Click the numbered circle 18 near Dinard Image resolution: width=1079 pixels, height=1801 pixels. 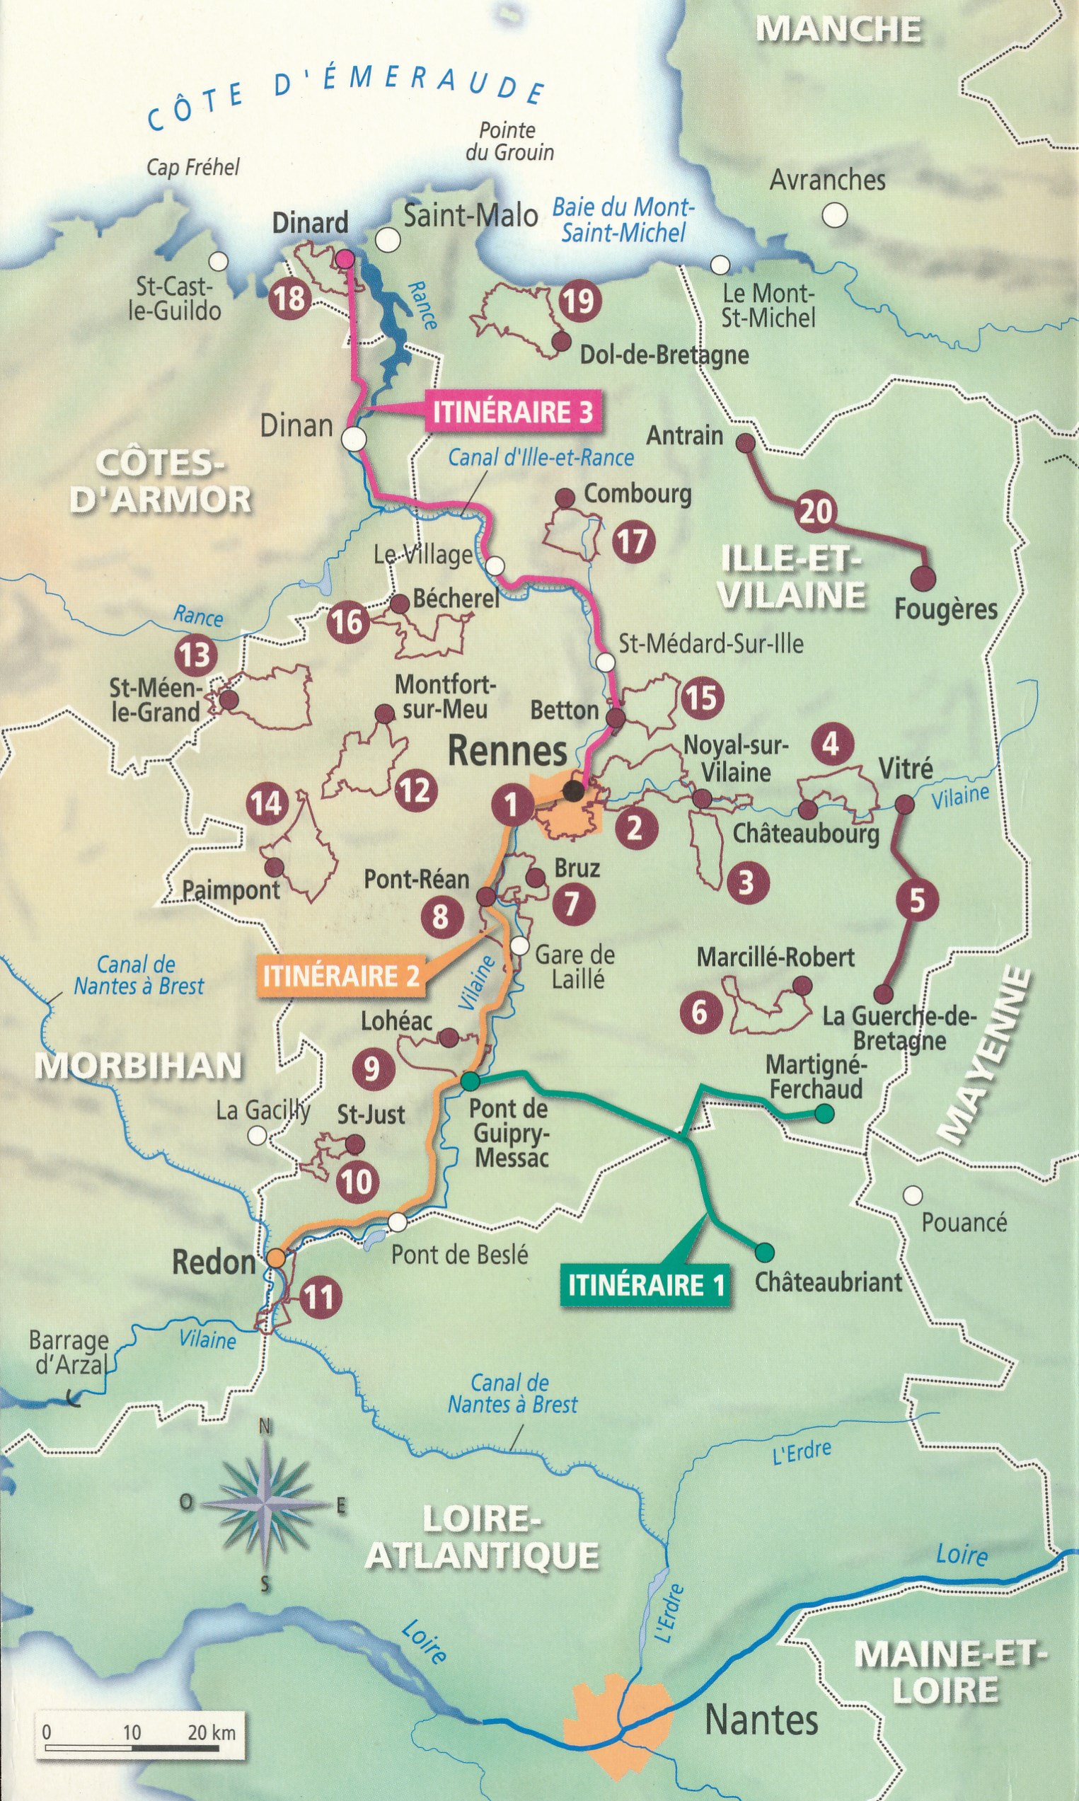tap(289, 298)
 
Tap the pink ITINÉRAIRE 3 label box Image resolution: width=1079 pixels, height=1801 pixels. tap(512, 412)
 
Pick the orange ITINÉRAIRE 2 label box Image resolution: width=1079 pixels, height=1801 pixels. tap(341, 975)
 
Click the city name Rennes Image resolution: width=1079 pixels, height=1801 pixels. tap(507, 751)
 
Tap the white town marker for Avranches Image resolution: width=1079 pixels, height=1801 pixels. tap(835, 215)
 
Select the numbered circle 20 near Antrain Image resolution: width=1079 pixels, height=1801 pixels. tap(816, 511)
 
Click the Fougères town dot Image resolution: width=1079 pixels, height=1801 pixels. tap(923, 578)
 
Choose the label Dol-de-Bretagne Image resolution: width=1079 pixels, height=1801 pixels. tap(664, 355)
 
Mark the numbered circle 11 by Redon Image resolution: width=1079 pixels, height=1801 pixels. tap(318, 1296)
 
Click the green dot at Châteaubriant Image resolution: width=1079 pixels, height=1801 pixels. tap(763, 1252)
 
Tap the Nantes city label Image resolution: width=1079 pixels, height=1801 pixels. tap(761, 1720)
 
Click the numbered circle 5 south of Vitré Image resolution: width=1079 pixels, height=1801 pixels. tap(917, 900)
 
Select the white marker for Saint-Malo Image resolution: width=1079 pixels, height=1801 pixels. tap(388, 239)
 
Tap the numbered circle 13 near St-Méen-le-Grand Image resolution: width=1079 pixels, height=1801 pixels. tap(195, 655)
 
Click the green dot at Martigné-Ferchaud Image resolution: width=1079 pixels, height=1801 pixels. tap(824, 1113)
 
